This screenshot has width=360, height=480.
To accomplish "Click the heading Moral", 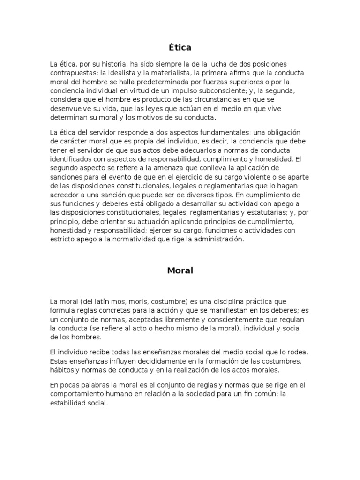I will coord(180,270).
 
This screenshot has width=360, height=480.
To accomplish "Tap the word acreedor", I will coord(66,195).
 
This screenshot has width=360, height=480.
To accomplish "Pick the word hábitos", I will coord(63,370).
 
